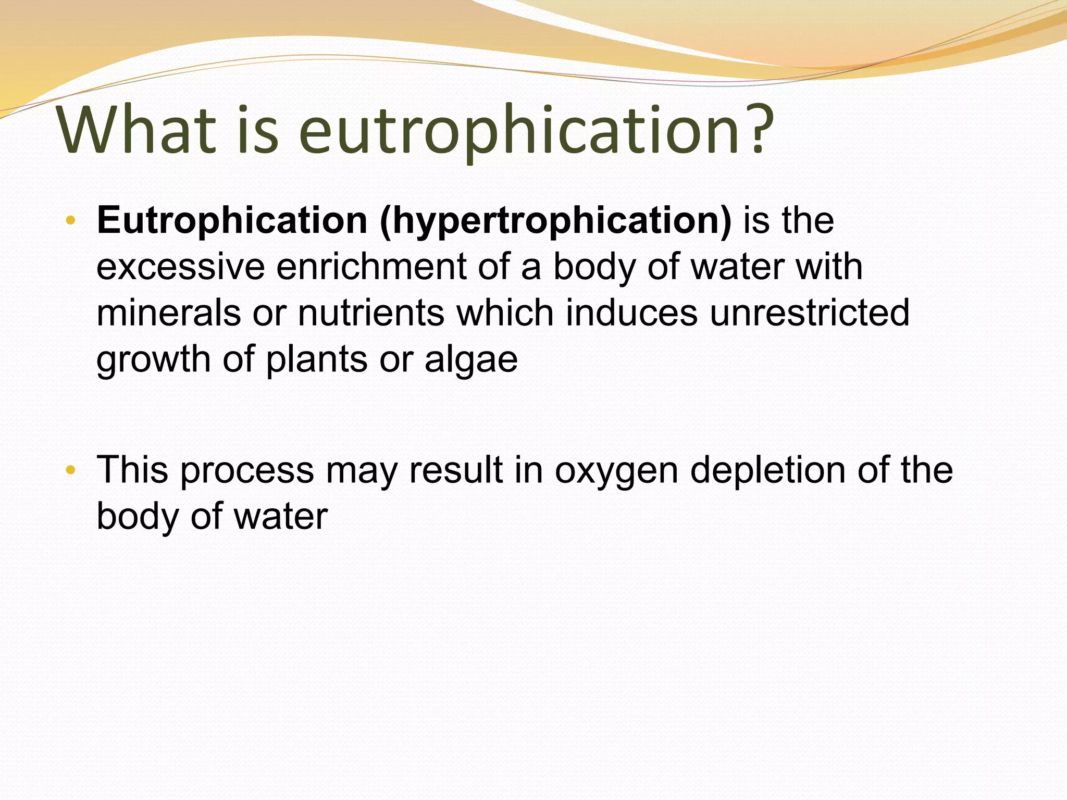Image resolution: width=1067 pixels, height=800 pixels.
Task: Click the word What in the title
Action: pos(137,130)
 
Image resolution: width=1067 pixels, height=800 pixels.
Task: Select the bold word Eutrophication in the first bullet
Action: pos(232,221)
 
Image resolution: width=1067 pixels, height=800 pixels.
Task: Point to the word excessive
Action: pos(180,267)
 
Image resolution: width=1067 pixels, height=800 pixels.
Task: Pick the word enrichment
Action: pos(371,267)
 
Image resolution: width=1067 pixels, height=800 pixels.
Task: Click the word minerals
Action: pos(168,313)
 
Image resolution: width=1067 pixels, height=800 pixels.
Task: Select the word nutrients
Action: pos(370,313)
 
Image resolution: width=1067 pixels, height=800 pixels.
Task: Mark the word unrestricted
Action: pos(810,313)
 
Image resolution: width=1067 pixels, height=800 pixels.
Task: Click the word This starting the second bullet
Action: pos(132,470)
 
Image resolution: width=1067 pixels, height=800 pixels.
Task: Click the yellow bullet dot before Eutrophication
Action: pos(71,221)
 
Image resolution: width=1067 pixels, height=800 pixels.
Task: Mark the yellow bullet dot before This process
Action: pos(71,471)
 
